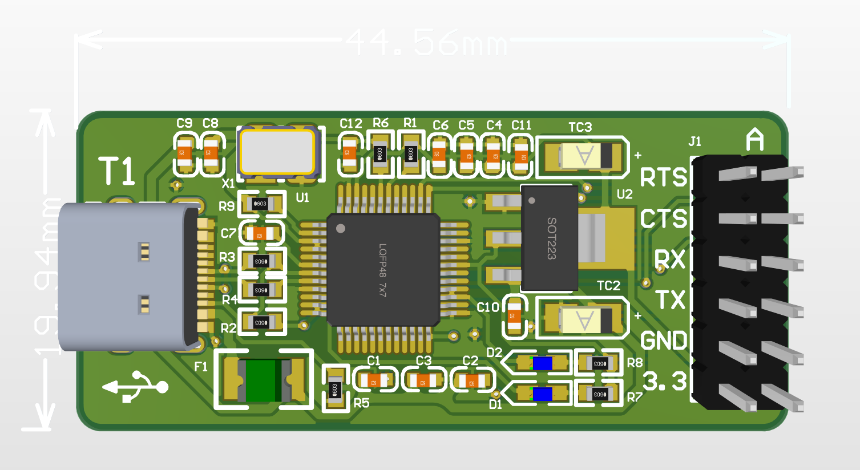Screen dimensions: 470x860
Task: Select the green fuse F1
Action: click(x=263, y=380)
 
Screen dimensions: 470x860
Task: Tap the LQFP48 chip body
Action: click(x=383, y=270)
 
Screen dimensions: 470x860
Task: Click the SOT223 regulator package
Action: click(x=550, y=237)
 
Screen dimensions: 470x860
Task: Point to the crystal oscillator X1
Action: click(x=277, y=152)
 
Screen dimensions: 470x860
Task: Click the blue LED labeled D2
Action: click(x=542, y=363)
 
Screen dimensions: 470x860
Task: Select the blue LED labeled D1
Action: click(x=542, y=394)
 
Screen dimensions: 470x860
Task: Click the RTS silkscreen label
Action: click(x=663, y=178)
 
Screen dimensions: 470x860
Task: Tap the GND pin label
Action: click(x=664, y=341)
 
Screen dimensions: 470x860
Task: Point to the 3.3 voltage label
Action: click(x=664, y=381)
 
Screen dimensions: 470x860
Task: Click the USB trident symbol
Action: click(x=136, y=387)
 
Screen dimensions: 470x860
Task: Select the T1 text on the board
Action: click(x=117, y=171)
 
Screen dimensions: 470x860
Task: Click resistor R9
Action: click(x=261, y=204)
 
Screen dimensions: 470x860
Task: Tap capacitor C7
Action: click(x=260, y=233)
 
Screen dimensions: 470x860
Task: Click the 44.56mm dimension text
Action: click(x=426, y=42)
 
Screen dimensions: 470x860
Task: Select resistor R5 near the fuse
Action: click(x=335, y=390)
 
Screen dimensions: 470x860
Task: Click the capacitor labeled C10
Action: click(x=515, y=316)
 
